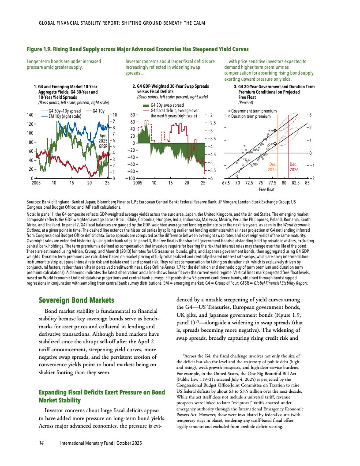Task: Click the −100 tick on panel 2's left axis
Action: coord(129,178)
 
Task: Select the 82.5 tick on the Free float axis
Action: coord(296,182)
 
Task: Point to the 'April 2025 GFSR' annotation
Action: coord(103,140)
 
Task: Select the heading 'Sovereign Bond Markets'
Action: coord(76,301)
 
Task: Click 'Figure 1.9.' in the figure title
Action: coord(41,49)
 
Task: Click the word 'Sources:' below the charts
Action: coord(35,202)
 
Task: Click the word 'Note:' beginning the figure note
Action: coord(32,214)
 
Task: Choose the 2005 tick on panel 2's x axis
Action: coord(138,182)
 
